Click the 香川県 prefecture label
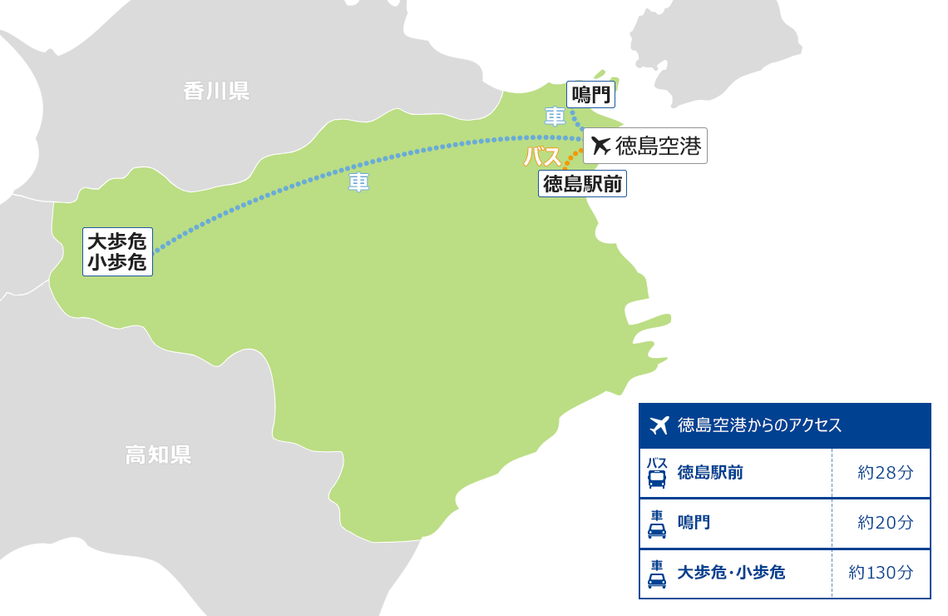(216, 91)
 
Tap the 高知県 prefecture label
(158, 455)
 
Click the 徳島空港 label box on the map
(645, 146)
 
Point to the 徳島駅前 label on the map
(582, 183)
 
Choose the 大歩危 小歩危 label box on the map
(117, 251)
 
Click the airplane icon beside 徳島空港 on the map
(600, 146)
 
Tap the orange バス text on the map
(541, 156)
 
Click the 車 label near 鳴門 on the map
(555, 117)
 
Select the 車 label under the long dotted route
(359, 182)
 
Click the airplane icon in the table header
(659, 425)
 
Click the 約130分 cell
(881, 573)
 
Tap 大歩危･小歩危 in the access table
(732, 573)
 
